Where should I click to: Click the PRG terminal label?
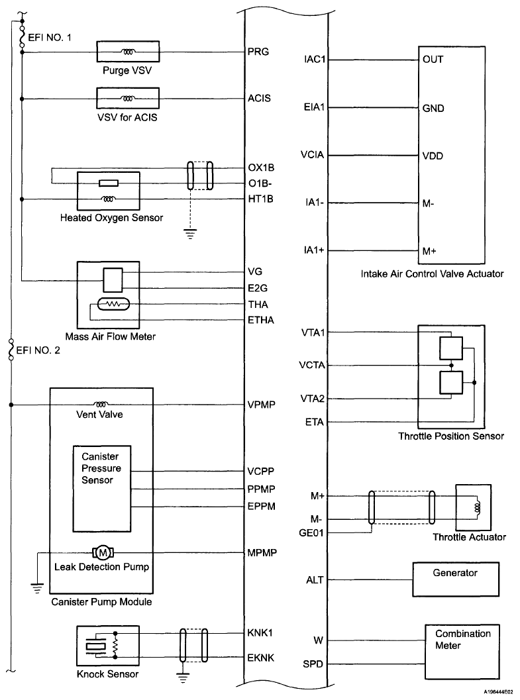click(x=257, y=52)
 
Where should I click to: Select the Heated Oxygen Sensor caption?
click(x=111, y=217)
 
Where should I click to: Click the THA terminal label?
click(x=258, y=305)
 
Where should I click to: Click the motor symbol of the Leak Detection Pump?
click(x=103, y=552)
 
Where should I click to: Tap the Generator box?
click(x=455, y=579)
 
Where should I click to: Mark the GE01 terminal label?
click(x=311, y=532)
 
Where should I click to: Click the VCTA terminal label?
click(x=312, y=365)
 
